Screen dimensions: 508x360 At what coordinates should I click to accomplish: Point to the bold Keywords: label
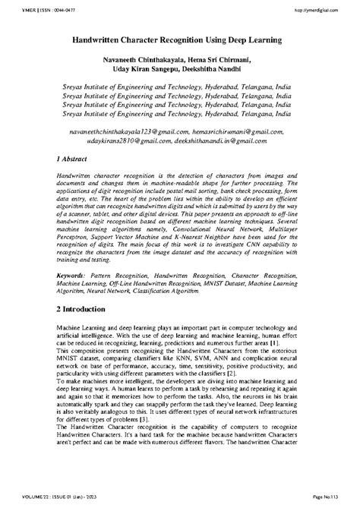click(x=74, y=292)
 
